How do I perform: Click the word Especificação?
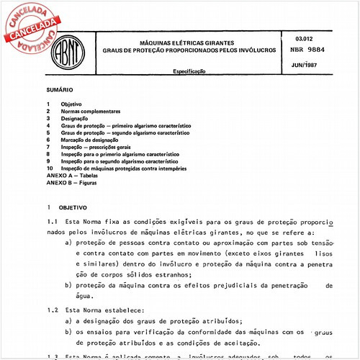click(x=190, y=72)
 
